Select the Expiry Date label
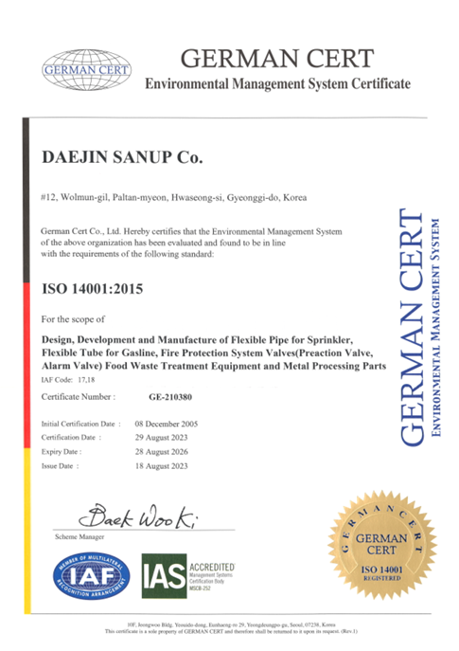tap(66, 452)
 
